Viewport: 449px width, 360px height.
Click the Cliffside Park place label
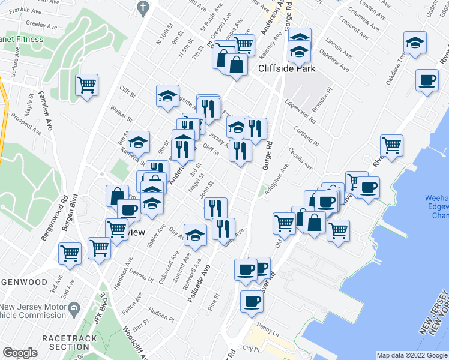click(x=286, y=68)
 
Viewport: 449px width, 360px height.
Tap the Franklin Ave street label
click(x=26, y=11)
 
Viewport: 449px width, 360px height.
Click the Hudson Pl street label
click(x=161, y=313)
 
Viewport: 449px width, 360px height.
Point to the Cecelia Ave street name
click(x=300, y=158)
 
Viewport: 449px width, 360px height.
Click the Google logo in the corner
click(x=20, y=353)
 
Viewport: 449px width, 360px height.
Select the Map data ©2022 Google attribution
click(x=412, y=355)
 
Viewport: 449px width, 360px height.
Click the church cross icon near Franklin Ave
click(x=142, y=7)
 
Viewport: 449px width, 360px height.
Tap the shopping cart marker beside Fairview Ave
click(x=87, y=84)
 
